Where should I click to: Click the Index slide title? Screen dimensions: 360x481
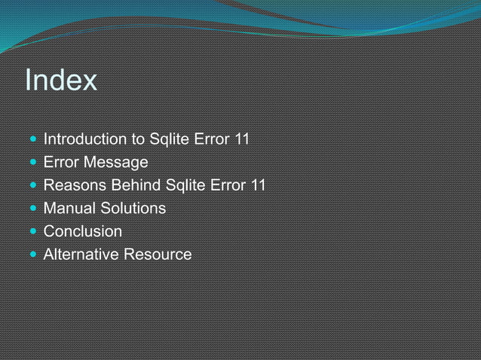click(61, 80)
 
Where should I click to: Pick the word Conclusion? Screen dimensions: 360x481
click(82, 231)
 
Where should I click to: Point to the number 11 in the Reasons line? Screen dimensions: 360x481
click(258, 185)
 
